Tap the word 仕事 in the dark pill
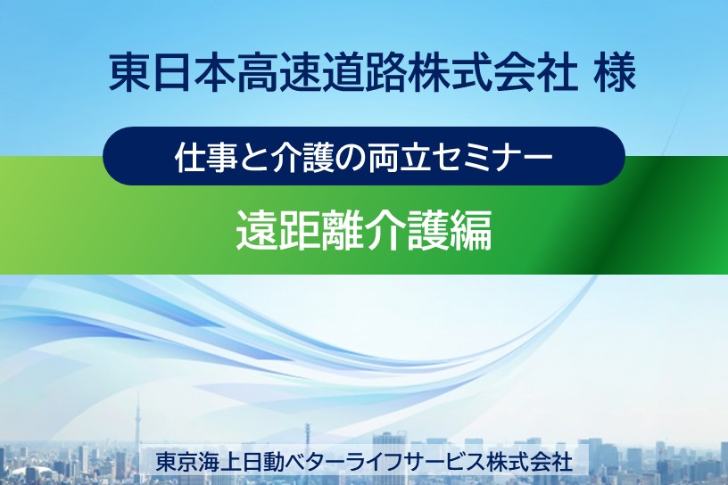(x=207, y=157)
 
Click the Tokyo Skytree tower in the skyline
(x=137, y=423)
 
